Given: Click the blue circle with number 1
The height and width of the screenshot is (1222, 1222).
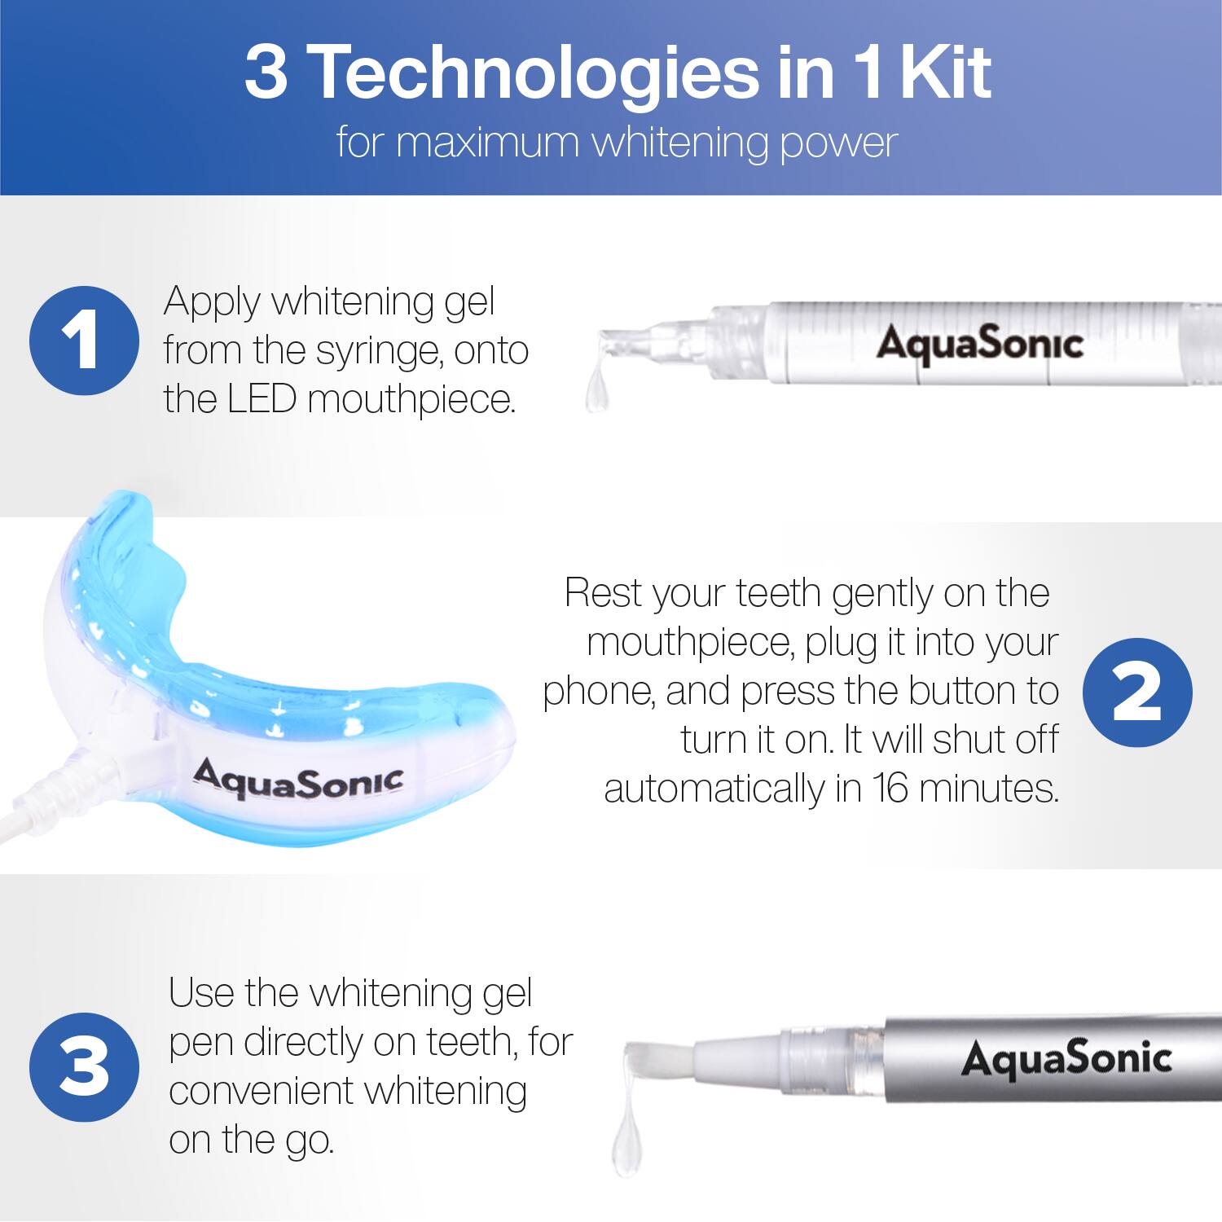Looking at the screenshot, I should [x=84, y=341].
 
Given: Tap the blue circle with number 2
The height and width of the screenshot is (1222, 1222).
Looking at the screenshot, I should [x=1137, y=692].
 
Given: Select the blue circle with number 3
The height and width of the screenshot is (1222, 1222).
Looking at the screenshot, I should [x=84, y=1067].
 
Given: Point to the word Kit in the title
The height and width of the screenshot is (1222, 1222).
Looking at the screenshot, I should [x=945, y=73].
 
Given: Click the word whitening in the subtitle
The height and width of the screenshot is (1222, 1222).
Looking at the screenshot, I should [x=679, y=143].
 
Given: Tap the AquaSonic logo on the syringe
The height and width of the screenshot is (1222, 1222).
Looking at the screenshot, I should [x=979, y=344].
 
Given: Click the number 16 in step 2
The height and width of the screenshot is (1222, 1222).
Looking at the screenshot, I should [x=890, y=789].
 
